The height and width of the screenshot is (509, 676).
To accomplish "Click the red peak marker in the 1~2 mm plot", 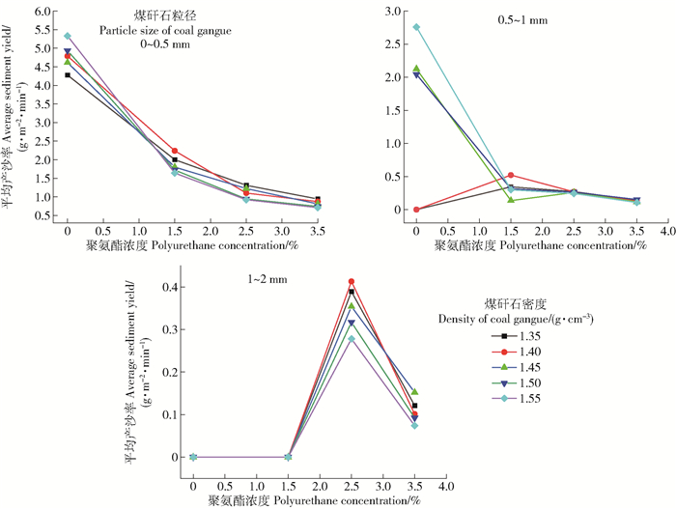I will click(352, 282).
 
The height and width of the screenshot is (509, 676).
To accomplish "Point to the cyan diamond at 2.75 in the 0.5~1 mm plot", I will click(416, 27).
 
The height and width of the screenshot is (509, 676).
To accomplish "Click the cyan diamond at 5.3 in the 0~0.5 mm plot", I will click(68, 36).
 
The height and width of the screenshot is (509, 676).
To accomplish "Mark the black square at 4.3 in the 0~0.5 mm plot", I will click(68, 74).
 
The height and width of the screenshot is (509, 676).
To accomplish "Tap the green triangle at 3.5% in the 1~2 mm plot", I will click(414, 392).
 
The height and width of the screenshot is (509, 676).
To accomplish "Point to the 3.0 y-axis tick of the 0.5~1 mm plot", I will click(393, 11).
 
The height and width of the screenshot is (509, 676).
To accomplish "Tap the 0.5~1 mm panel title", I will click(516, 18).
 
